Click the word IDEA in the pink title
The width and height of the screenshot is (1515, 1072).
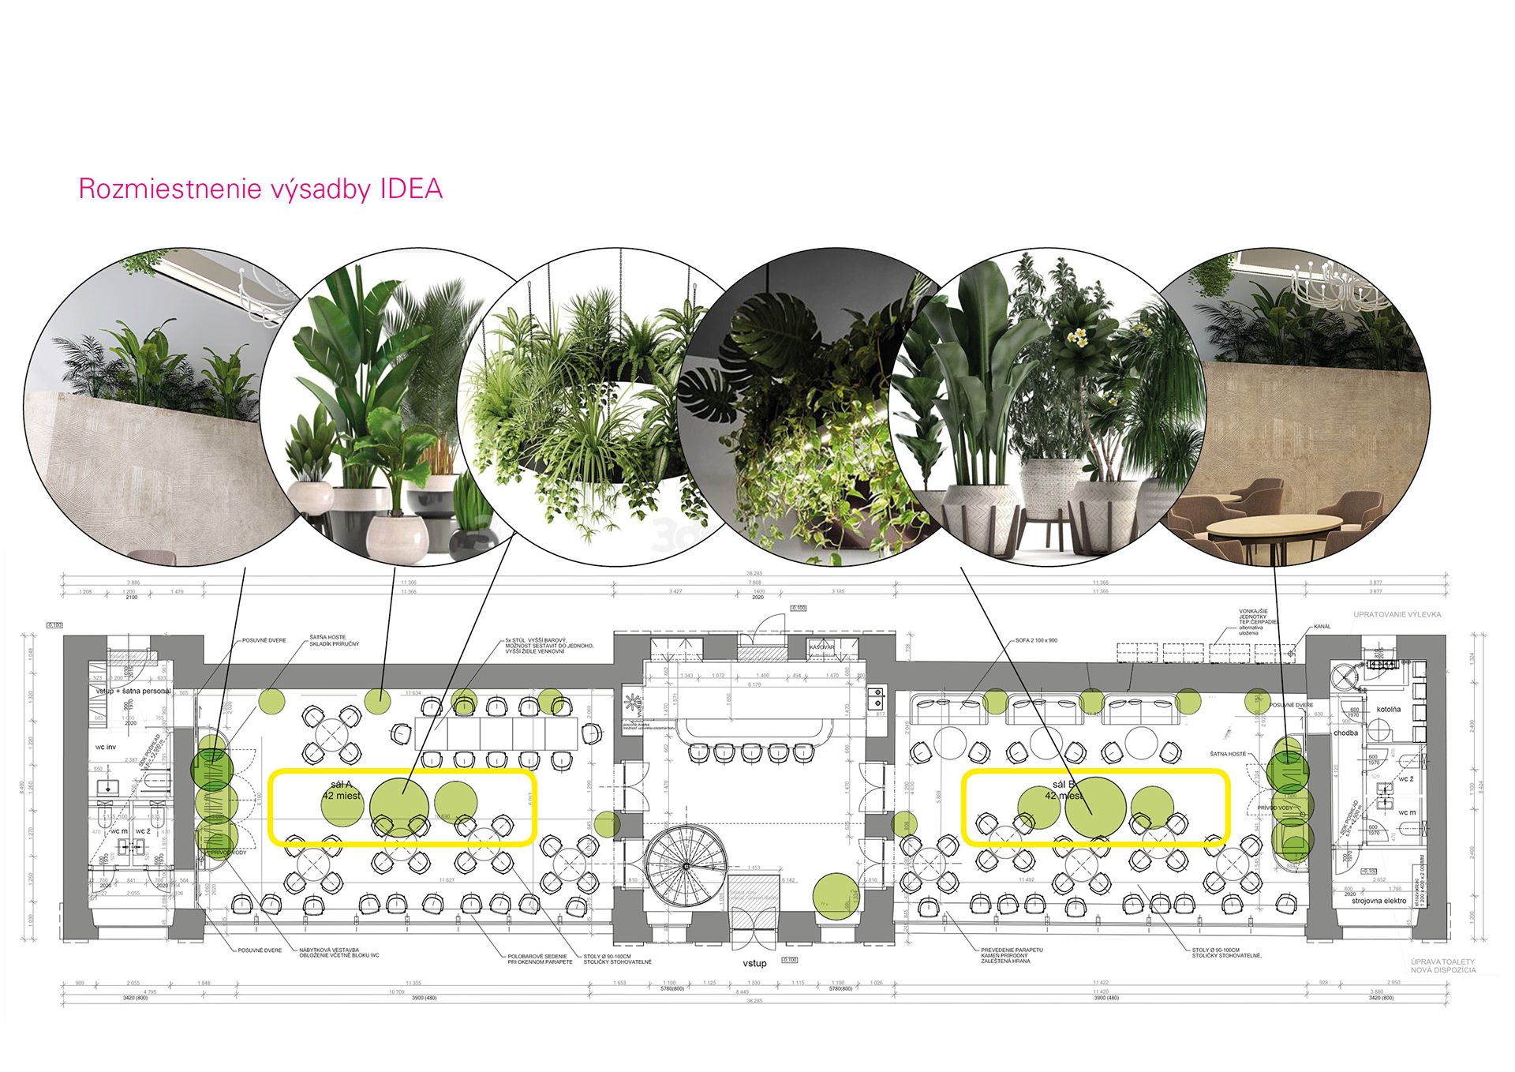[x=411, y=189]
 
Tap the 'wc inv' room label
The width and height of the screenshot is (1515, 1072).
[x=106, y=747]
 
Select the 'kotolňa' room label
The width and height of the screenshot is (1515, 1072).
[x=1389, y=709]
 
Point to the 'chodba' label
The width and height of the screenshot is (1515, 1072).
[x=1346, y=733]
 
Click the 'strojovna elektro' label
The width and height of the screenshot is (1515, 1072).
[x=1379, y=901]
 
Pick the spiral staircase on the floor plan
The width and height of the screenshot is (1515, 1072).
[x=686, y=865]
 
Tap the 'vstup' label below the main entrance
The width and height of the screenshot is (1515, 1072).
[x=754, y=963]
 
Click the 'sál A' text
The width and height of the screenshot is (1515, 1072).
[x=341, y=784]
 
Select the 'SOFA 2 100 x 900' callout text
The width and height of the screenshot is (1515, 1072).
[x=1036, y=641]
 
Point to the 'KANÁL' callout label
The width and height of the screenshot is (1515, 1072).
[x=1322, y=627]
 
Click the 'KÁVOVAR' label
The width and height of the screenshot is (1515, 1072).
[x=821, y=647]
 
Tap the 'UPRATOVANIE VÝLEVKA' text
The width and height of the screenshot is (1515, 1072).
[x=1397, y=614]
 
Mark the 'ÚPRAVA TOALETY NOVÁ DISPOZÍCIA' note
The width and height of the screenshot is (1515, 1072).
[x=1443, y=965]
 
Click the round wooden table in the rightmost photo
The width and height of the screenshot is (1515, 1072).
[x=1274, y=525]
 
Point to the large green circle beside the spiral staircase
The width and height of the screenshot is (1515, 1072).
[x=836, y=896]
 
